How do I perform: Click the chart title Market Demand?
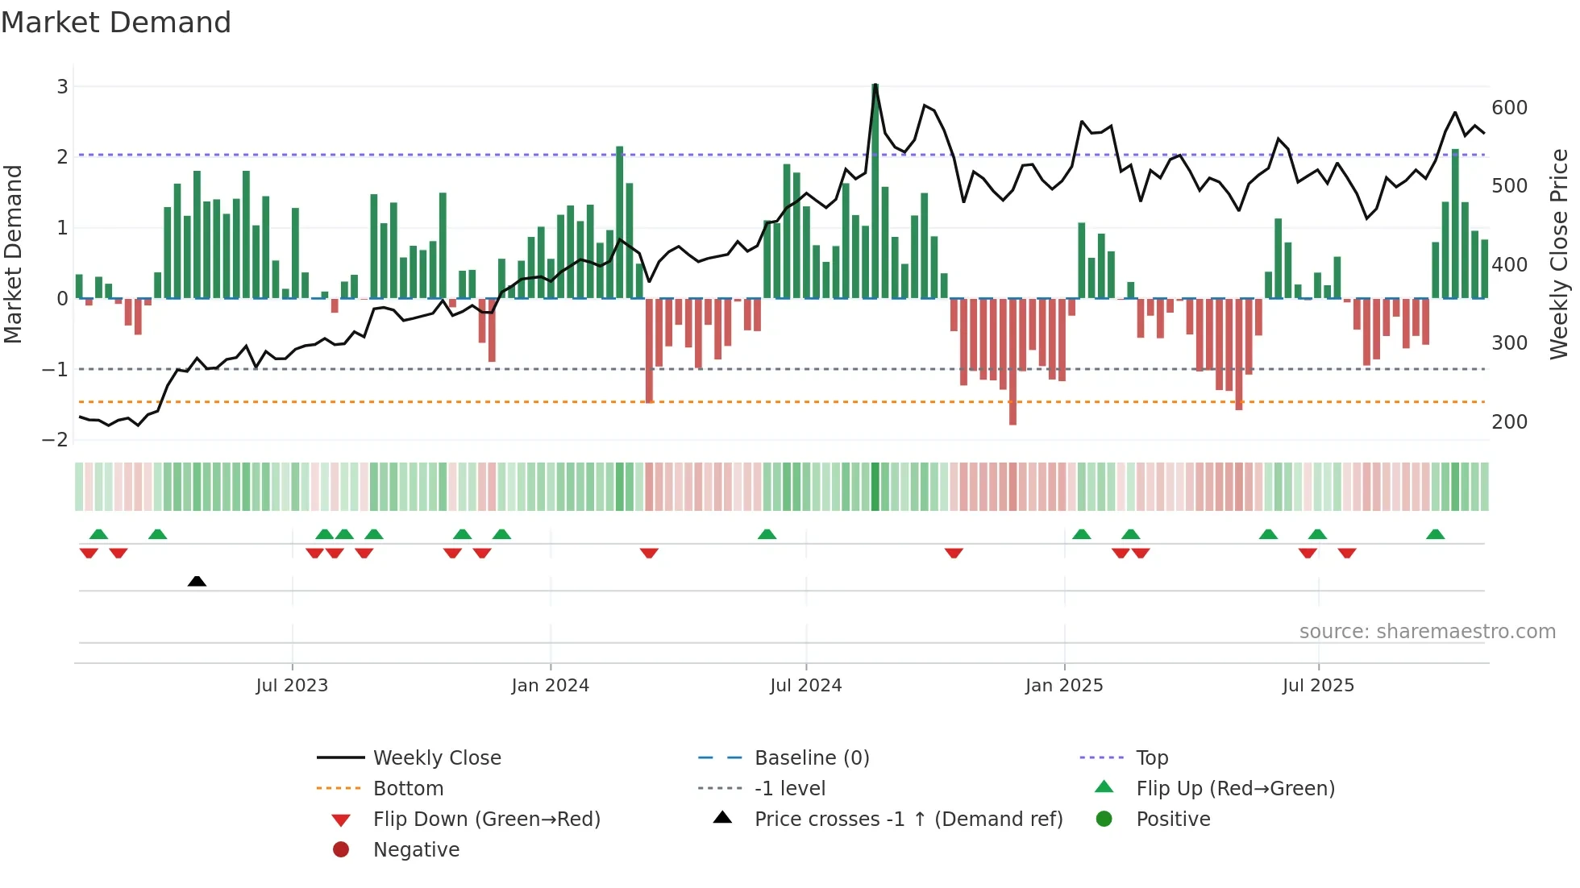(x=116, y=23)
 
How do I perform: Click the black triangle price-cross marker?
(x=197, y=581)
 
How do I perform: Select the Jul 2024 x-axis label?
(x=805, y=686)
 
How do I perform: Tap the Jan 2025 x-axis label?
(x=1063, y=686)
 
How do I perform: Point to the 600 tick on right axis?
(x=1509, y=108)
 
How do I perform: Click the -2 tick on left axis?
(x=55, y=440)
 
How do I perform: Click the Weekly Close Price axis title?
(x=1559, y=254)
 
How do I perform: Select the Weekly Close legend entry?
(x=436, y=758)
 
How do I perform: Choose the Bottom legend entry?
(x=408, y=789)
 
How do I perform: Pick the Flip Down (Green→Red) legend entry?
(x=486, y=820)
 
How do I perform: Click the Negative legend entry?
(x=416, y=850)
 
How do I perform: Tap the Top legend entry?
(x=1151, y=758)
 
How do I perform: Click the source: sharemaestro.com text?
(x=1427, y=632)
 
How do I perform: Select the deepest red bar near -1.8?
(x=1012, y=363)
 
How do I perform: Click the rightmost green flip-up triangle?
(x=1435, y=534)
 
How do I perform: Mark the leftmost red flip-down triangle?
(x=89, y=553)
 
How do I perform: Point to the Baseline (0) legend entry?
(x=811, y=758)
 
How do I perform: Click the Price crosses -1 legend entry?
(x=908, y=820)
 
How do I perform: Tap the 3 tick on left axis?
(x=62, y=86)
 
